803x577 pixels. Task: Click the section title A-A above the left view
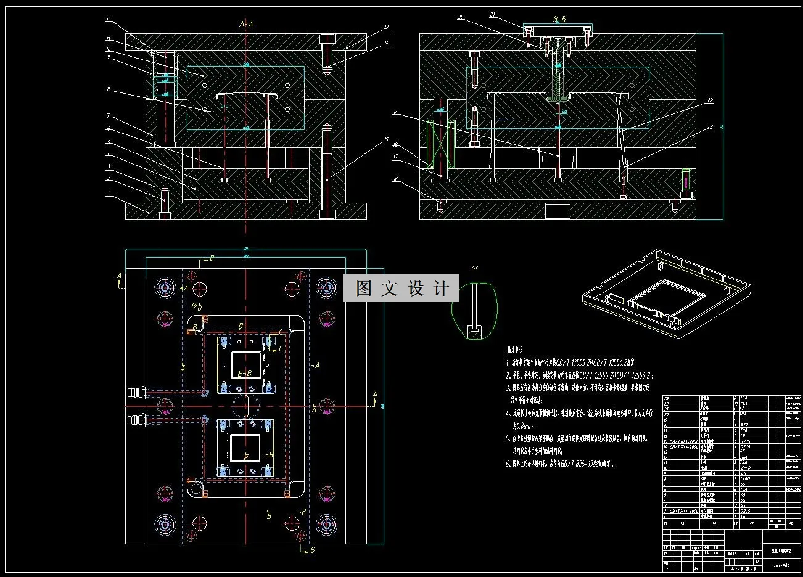tap(246, 24)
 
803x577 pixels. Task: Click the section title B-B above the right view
tap(559, 20)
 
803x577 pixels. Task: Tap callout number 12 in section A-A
tap(109, 20)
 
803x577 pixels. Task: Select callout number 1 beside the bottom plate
tap(109, 194)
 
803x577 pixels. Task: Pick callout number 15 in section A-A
tap(386, 140)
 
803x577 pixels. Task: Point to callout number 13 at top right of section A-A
tap(386, 27)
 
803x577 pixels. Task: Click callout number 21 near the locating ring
tap(493, 14)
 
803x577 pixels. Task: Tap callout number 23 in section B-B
tap(710, 127)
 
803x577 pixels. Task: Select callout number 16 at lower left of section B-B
tap(395, 179)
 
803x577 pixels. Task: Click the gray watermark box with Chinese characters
tap(401, 288)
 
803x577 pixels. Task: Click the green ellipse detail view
tap(474, 311)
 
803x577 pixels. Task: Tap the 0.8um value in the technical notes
tap(522, 426)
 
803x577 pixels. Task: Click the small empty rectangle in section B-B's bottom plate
tap(558, 211)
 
